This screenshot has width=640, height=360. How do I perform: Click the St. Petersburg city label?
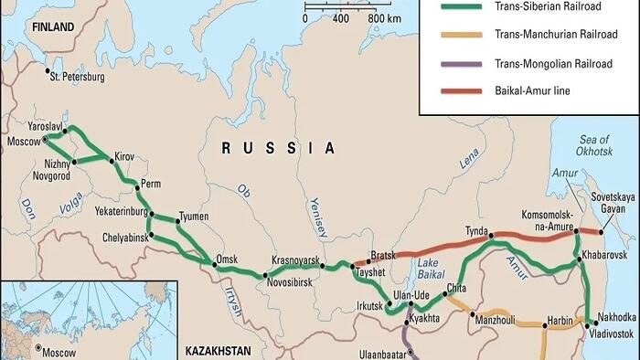(x=78, y=77)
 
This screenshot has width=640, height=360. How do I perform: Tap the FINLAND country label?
(x=50, y=28)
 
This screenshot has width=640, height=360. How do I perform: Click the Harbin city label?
(x=558, y=321)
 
